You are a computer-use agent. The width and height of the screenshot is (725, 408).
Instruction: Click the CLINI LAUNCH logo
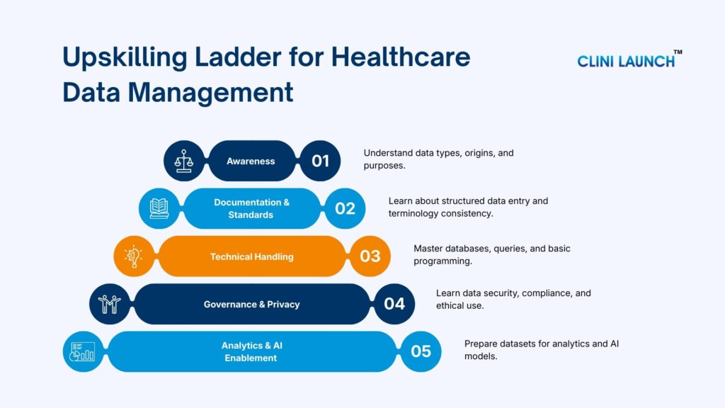(626, 61)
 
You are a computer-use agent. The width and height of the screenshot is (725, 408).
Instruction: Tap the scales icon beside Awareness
(184, 161)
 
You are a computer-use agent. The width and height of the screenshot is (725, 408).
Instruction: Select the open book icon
(159, 208)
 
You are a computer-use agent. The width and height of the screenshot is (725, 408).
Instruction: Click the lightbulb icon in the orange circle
(135, 256)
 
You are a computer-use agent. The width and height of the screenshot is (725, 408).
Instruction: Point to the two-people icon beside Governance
(109, 304)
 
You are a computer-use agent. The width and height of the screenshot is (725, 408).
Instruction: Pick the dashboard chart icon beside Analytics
(84, 351)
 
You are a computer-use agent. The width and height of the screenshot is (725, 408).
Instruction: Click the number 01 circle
(320, 161)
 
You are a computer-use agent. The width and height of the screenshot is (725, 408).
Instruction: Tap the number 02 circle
(345, 208)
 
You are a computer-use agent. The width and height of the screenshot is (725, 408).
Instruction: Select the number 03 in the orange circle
(370, 256)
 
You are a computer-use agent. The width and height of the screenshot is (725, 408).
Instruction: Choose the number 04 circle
(394, 304)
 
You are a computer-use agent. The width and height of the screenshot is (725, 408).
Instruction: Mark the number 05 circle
(421, 351)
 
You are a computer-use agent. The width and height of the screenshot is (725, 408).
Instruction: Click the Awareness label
(251, 161)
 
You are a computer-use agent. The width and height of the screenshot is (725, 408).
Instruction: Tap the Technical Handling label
(251, 256)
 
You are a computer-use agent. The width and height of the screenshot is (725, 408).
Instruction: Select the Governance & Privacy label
(251, 305)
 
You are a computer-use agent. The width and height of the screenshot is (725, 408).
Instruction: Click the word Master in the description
(429, 249)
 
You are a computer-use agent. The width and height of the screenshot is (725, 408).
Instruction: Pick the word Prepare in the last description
(482, 344)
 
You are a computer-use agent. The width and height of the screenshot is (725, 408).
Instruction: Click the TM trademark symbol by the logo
(677, 52)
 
